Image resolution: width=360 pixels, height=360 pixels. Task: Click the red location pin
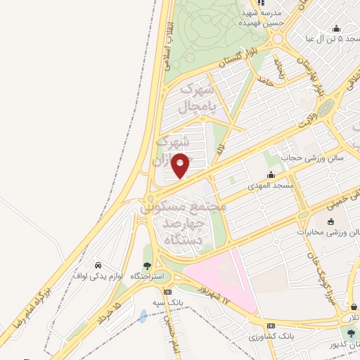point(181,165)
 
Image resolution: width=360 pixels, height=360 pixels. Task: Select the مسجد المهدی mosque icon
point(271,174)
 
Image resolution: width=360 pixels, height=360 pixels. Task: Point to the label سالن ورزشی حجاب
point(313,159)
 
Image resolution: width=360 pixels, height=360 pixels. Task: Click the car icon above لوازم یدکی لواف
point(98,265)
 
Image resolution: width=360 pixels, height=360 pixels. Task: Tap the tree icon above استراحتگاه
point(147,265)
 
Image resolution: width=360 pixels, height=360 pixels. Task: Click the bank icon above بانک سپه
point(167,292)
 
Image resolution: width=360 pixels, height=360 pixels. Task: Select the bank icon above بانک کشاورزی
point(271,326)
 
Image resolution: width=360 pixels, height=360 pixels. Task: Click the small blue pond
point(143,316)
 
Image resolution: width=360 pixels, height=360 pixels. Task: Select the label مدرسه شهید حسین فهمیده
point(262,18)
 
